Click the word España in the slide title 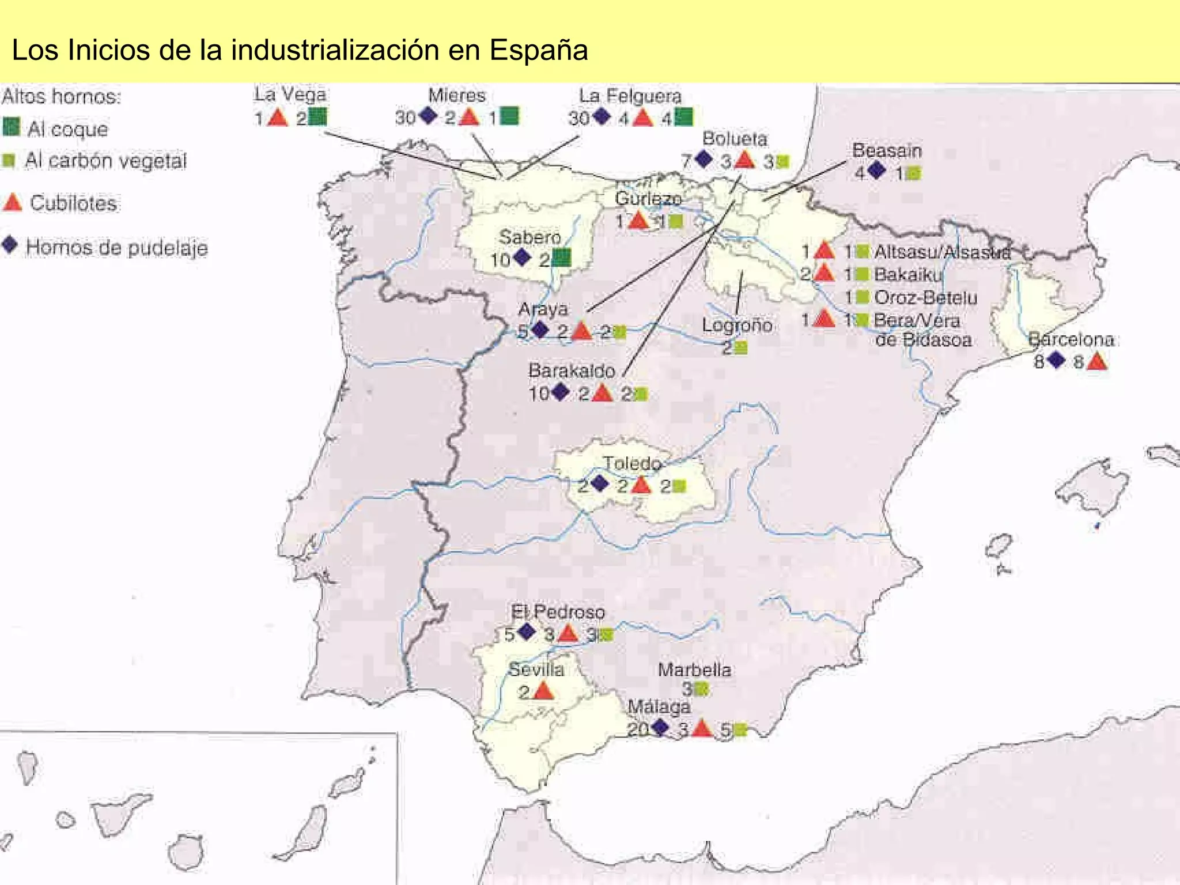pos(539,50)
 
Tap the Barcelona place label pos(1071,339)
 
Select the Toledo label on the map pos(632,463)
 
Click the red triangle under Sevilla pos(543,690)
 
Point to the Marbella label pos(694,670)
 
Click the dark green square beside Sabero pos(561,258)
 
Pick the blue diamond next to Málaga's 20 pos(659,727)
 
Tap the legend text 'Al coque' pos(67,129)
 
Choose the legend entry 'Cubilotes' pos(73,203)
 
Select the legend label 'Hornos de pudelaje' pos(117,248)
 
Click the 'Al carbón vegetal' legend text pos(105,161)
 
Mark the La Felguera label pos(630,96)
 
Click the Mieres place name pos(457,95)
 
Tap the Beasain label pos(887,150)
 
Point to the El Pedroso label pos(558,612)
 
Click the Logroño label pos(737,325)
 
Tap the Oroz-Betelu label pos(925,297)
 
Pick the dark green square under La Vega pos(317,117)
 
